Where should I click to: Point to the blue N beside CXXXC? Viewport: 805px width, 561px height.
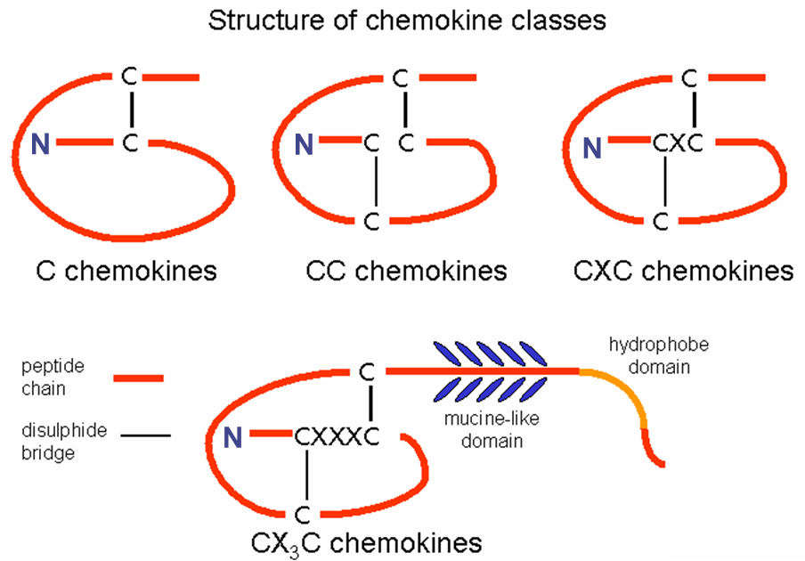click(233, 437)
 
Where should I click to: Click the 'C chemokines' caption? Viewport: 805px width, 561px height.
click(126, 270)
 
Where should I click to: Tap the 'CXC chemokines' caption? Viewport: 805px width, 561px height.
click(683, 270)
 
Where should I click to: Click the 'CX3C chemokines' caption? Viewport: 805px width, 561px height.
click(367, 541)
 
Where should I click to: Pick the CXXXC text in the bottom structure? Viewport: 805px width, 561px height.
click(337, 436)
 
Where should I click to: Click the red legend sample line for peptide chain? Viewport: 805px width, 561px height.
click(139, 378)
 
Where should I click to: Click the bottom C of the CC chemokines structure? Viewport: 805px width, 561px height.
click(374, 219)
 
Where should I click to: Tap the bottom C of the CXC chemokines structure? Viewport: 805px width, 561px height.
click(660, 219)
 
